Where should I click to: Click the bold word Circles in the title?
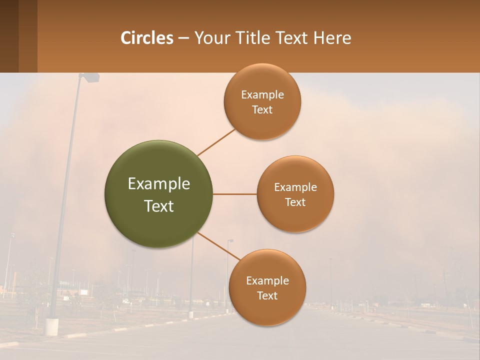point(147,38)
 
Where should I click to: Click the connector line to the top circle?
point(216,142)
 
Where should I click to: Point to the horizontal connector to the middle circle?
point(235,194)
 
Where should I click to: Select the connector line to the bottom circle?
point(219,246)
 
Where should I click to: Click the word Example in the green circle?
point(159,184)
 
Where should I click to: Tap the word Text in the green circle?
point(159,206)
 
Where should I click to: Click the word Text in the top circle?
point(262,110)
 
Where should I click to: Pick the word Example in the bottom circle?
point(267,280)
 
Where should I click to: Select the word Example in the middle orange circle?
point(295,187)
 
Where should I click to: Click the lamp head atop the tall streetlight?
point(90,77)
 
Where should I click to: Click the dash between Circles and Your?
point(183,38)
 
